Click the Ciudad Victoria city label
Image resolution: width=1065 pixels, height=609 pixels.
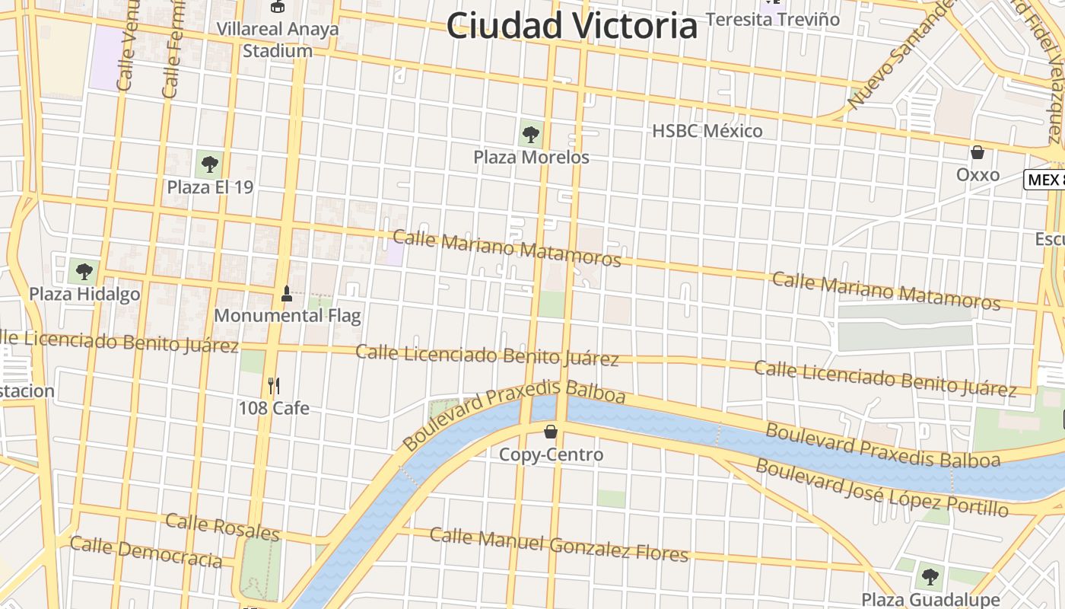click(572, 26)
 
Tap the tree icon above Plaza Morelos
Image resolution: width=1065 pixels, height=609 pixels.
click(531, 136)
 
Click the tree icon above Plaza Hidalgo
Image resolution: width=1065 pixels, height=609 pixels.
click(84, 271)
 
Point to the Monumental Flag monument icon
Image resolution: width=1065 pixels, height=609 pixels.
click(287, 293)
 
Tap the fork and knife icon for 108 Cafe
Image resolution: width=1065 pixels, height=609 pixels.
click(274, 386)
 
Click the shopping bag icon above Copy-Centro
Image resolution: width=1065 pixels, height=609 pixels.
click(551, 432)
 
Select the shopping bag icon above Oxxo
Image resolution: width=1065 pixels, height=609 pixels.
click(978, 152)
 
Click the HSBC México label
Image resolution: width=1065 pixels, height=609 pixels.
click(707, 131)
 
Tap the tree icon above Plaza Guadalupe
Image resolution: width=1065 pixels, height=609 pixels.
click(929, 576)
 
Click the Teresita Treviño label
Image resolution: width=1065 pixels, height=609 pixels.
click(773, 19)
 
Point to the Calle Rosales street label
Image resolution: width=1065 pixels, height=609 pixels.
click(222, 526)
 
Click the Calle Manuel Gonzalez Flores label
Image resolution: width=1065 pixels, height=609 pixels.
click(559, 544)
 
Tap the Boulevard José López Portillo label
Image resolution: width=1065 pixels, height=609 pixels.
click(882, 488)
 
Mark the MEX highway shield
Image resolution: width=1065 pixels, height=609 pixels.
click(1046, 180)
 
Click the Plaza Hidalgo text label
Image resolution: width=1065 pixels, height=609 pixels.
click(84, 294)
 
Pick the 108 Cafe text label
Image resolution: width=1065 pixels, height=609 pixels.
click(274, 408)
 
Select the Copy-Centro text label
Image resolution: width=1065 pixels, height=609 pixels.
click(551, 454)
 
